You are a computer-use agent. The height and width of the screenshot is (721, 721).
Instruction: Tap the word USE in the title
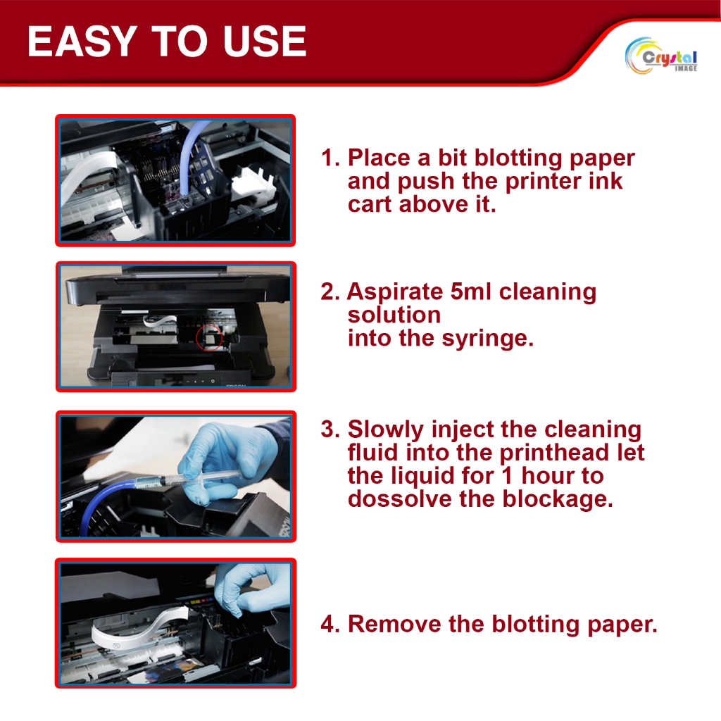click(x=265, y=42)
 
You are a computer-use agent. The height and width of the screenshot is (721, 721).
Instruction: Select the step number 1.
click(x=330, y=158)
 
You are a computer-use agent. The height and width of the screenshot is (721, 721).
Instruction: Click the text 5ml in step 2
click(x=471, y=291)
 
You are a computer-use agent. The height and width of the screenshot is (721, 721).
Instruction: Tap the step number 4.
click(x=330, y=625)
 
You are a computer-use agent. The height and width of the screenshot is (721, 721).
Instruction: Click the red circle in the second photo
click(x=209, y=337)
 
